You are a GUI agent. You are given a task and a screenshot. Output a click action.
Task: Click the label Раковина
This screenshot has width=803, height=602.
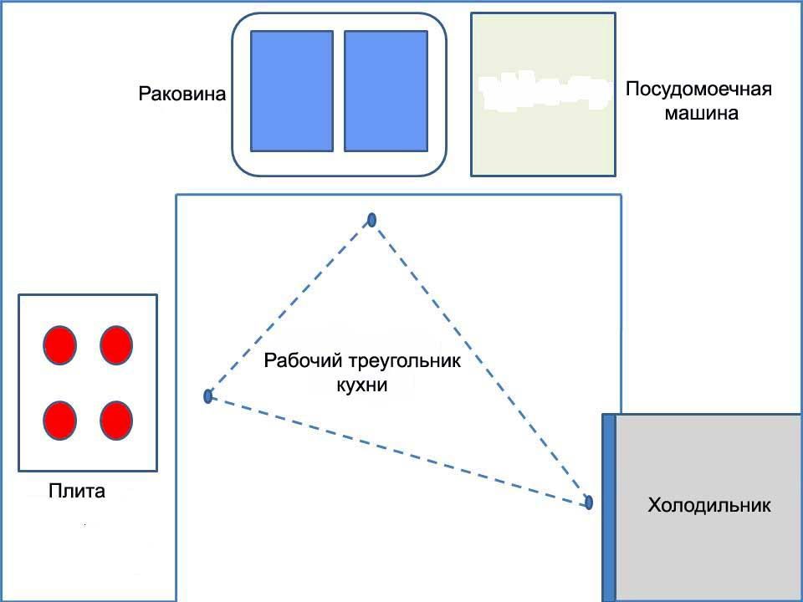click(x=182, y=94)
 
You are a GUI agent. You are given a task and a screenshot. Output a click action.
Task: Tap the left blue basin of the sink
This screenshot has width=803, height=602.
click(x=292, y=91)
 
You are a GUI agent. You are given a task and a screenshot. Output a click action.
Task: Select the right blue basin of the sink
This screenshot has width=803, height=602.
click(x=386, y=91)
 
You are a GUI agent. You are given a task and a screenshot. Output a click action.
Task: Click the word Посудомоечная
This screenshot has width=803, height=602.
click(x=698, y=89)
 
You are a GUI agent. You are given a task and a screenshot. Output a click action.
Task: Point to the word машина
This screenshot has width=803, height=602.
click(x=701, y=113)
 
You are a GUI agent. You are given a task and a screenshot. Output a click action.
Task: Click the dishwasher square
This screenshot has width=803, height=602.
click(x=543, y=94)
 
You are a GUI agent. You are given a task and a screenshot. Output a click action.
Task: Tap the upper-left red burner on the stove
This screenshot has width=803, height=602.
click(x=60, y=345)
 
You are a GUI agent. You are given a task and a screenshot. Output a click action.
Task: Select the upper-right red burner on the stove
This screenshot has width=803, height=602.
click(x=115, y=345)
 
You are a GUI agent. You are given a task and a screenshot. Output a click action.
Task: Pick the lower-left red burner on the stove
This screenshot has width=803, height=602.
click(x=60, y=420)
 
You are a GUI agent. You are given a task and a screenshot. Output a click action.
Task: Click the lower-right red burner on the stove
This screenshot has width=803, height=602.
click(x=115, y=420)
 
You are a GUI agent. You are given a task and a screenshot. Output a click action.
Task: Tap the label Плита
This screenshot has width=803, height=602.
click(x=77, y=491)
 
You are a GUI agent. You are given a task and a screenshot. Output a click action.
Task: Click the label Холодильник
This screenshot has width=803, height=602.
click(x=709, y=505)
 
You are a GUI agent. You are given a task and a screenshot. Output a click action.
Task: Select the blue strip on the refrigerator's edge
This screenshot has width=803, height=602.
click(x=609, y=507)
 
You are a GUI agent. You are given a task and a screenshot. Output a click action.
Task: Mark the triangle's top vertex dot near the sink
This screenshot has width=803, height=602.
click(x=371, y=220)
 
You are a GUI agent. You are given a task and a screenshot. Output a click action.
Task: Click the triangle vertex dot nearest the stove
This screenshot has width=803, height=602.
click(x=207, y=396)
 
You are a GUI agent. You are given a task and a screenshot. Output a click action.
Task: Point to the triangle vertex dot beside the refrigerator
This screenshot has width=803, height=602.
click(x=589, y=503)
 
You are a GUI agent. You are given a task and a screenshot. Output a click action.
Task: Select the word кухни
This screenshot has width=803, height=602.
click(x=362, y=385)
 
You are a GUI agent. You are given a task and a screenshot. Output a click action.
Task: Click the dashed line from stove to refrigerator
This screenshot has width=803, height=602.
click(x=398, y=449)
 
